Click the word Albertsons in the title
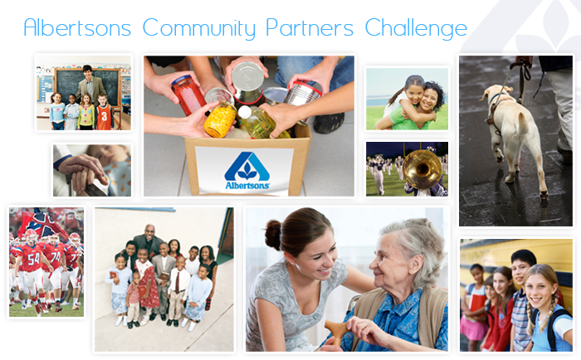click(77, 27)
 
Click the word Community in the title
click(199, 28)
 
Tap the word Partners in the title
click(310, 27)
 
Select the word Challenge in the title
click(416, 28)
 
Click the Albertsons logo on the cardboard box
click(247, 171)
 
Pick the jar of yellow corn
click(220, 119)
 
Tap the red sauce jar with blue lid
click(188, 95)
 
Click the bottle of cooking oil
click(261, 122)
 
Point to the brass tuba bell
click(422, 169)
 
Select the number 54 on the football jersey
click(33, 260)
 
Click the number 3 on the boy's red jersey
click(104, 116)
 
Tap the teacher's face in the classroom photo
click(87, 72)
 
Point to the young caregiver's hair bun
click(273, 234)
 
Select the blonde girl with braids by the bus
click(546, 308)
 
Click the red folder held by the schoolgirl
click(476, 302)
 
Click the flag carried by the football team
click(41, 225)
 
